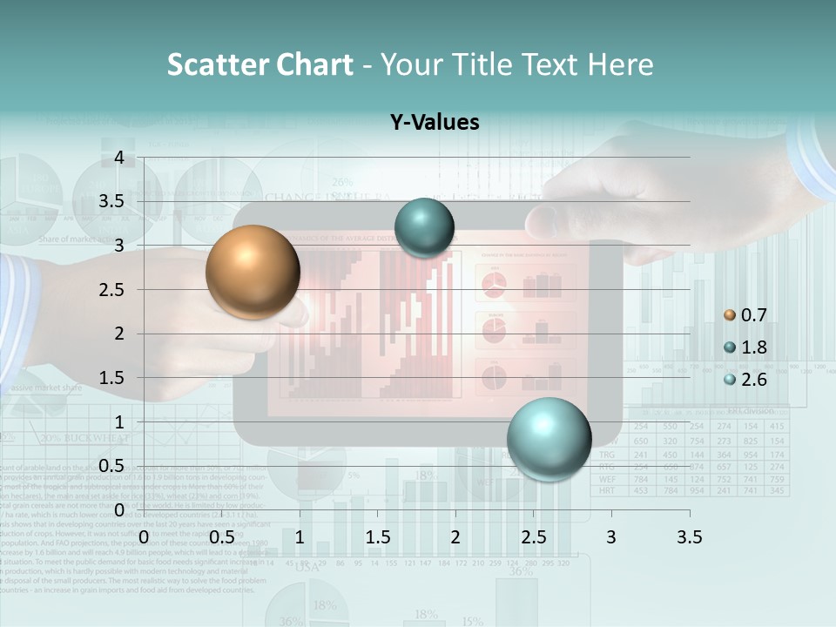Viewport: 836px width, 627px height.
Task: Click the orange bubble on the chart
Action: [x=253, y=272]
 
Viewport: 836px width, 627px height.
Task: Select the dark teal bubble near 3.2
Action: [x=424, y=227]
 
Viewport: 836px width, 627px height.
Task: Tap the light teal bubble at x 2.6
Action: [x=549, y=438]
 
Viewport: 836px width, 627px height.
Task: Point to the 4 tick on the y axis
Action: [x=119, y=158]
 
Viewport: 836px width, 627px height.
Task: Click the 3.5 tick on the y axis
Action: [x=111, y=201]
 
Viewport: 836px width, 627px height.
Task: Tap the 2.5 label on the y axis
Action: [x=111, y=290]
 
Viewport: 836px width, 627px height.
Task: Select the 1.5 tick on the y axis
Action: [x=111, y=378]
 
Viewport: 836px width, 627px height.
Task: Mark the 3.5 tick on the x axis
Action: [x=689, y=537]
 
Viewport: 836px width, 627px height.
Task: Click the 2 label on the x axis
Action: [x=455, y=537]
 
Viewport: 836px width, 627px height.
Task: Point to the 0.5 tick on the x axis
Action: [x=222, y=537]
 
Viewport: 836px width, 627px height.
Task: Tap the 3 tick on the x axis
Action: [x=611, y=537]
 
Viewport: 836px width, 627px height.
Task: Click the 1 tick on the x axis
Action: [x=300, y=537]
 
